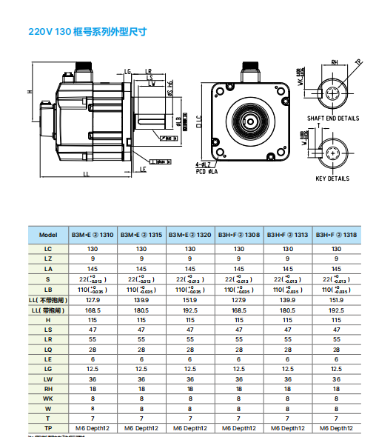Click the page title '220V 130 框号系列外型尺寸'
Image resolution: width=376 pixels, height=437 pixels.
(x=87, y=32)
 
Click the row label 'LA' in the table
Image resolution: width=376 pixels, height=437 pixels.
(x=48, y=269)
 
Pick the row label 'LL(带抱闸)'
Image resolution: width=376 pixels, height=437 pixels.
(x=48, y=310)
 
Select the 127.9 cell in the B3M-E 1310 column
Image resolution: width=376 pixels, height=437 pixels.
(x=93, y=300)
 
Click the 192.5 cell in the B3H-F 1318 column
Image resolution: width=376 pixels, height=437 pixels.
(x=337, y=310)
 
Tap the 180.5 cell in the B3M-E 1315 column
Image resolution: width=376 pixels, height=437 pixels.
(x=141, y=310)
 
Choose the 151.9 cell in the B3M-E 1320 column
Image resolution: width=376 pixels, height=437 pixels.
(x=190, y=300)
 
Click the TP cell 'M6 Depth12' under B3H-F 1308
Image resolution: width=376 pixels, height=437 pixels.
(x=239, y=427)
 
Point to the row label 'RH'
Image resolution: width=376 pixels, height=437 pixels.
(x=48, y=387)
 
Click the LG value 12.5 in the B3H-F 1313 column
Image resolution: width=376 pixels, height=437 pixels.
(x=288, y=368)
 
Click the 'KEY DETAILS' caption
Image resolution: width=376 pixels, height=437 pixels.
(x=332, y=179)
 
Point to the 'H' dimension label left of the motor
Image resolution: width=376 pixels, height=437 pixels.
(x=30, y=91)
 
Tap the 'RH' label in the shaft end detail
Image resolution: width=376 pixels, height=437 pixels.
(x=335, y=63)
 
